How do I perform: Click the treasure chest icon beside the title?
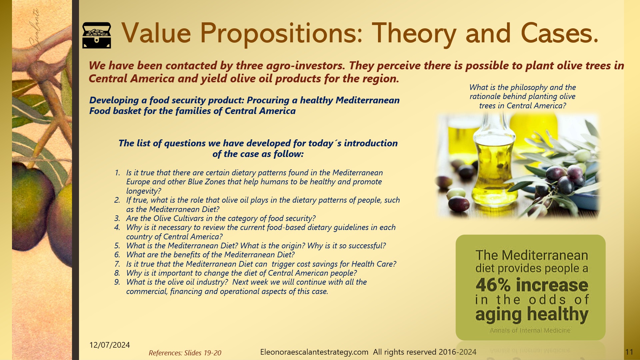click(x=97, y=35)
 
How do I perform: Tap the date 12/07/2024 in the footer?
click(x=109, y=345)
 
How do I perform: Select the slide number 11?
click(x=629, y=352)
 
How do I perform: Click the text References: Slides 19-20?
click(x=185, y=353)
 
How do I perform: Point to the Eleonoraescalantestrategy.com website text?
click(x=314, y=352)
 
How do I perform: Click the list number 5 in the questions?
click(x=117, y=246)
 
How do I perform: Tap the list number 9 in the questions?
click(x=117, y=282)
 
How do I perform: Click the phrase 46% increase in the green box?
click(x=532, y=285)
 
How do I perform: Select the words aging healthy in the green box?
click(x=532, y=314)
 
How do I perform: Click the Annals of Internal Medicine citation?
click(x=530, y=330)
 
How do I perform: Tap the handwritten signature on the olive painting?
click(x=35, y=40)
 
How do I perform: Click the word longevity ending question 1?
click(x=142, y=191)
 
